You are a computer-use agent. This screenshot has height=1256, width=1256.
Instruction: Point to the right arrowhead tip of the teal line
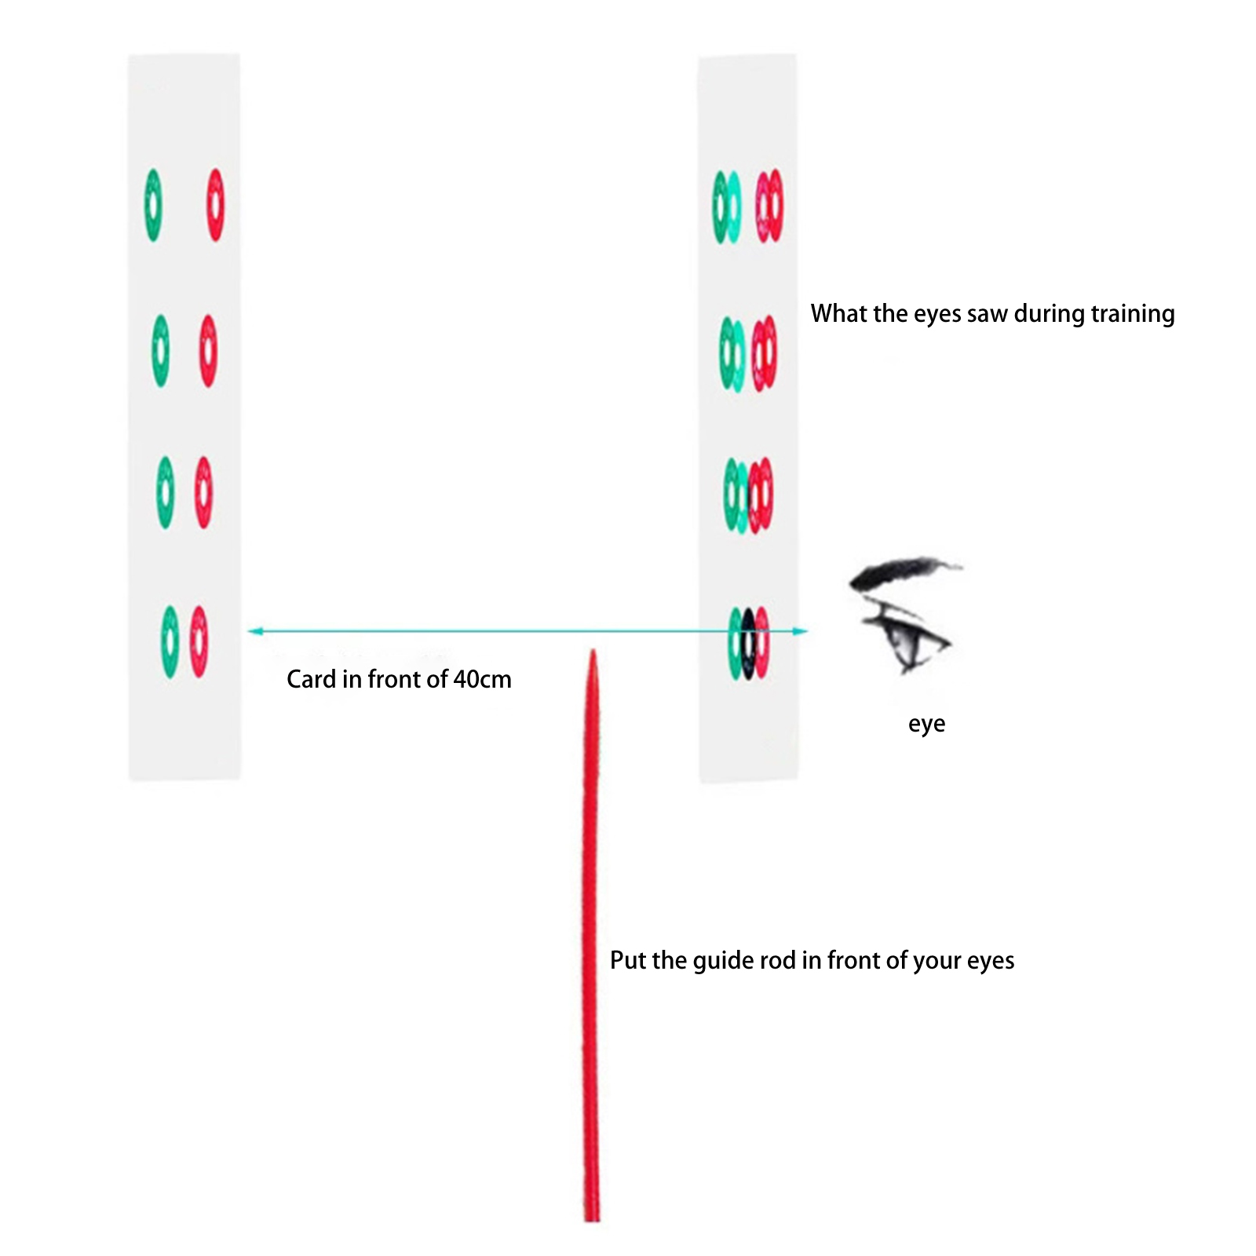tap(807, 631)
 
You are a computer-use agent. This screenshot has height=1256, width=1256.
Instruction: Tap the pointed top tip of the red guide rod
tap(593, 650)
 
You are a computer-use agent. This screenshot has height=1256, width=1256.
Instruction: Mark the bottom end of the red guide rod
tap(592, 1221)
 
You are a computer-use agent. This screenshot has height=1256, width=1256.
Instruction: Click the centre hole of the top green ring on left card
tap(153, 205)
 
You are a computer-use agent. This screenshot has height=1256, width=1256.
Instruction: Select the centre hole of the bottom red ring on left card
tap(199, 641)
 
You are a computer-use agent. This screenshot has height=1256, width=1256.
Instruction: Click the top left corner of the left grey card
tap(129, 55)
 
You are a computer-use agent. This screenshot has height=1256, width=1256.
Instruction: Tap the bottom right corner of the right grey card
tap(798, 781)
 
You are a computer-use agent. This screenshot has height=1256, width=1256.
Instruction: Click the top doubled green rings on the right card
tap(727, 207)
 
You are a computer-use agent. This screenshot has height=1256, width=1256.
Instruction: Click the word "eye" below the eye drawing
tap(926, 724)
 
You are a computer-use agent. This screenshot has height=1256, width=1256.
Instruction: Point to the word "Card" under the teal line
tap(311, 679)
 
